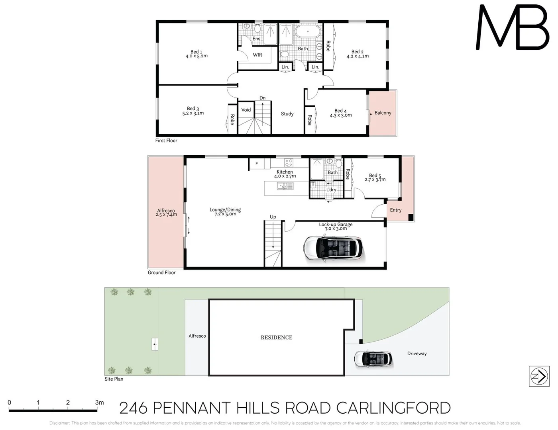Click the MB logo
[513, 27]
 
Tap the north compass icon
[539, 376]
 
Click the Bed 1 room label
[196, 54]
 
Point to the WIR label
[257, 55]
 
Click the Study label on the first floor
[287, 114]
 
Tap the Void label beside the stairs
[246, 110]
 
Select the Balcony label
[383, 113]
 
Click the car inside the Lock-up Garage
[334, 248]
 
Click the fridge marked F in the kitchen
[257, 164]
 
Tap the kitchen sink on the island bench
[283, 186]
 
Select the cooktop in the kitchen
[289, 162]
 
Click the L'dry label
[331, 190]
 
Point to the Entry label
[396, 210]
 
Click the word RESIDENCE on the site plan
[277, 338]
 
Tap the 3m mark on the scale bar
[99, 403]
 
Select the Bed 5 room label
[375, 177]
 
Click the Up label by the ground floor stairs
[273, 217]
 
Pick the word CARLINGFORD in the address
[393, 408]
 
